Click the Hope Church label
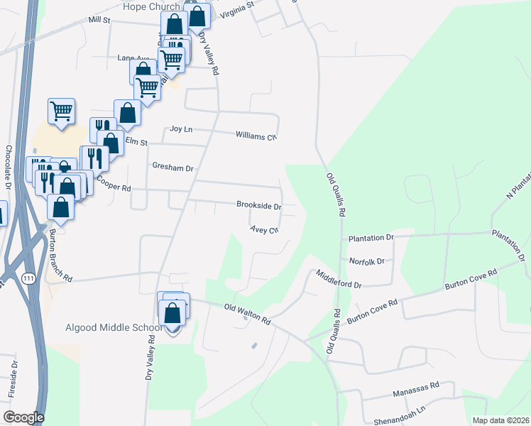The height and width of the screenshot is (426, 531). (151, 6)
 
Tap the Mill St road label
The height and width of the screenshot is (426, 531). (100, 21)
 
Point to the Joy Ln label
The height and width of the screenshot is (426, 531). (182, 129)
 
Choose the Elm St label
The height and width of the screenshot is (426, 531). (136, 142)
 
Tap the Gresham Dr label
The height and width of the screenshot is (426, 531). (173, 168)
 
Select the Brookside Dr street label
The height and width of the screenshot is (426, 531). (259, 205)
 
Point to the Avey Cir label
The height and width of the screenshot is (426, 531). (263, 229)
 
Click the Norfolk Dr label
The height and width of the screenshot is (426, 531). (366, 261)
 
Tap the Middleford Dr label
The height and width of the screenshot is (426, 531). (339, 278)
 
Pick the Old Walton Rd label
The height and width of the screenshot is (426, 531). (247, 313)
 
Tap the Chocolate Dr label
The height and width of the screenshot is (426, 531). (9, 166)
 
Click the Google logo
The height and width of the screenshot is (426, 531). (23, 417)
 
